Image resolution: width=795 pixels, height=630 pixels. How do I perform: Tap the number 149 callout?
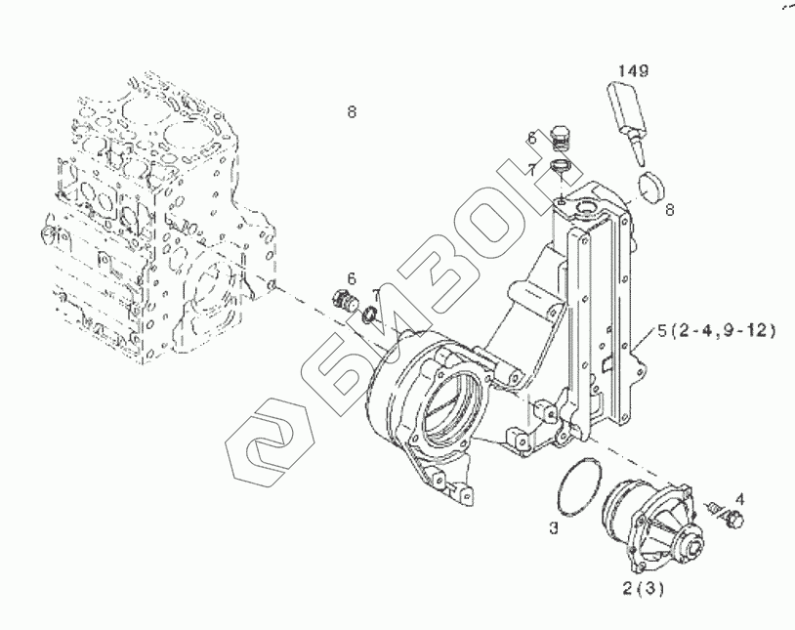pos(634,70)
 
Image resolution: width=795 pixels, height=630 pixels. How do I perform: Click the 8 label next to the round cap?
pos(670,207)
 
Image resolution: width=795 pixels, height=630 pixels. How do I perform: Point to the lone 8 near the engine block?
pos(352,112)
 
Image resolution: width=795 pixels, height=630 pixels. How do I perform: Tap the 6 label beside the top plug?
pos(532,137)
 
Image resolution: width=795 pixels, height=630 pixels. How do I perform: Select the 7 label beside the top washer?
pos(532,169)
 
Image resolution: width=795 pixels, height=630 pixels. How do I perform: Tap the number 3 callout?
pos(553,528)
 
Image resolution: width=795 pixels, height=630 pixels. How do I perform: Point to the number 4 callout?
pos(739,498)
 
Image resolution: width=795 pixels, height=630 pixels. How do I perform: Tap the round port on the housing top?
pos(589,206)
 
